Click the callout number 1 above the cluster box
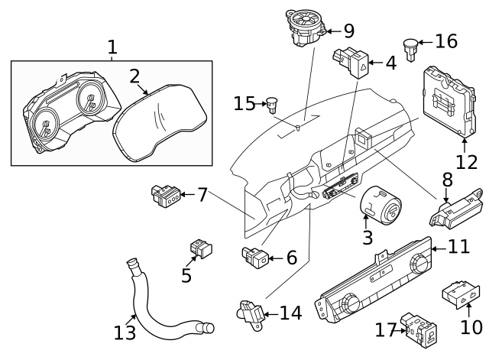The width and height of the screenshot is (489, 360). pos(112,47)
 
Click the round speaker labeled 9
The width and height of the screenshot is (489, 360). pos(305,26)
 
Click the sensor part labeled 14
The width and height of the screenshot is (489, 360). pos(250,313)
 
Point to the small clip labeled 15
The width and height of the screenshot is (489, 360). pos(270,102)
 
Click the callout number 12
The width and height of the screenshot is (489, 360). pos(466,162)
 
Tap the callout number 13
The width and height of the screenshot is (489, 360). pos(125,333)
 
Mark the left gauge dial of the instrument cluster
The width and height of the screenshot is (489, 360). pos(46,124)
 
